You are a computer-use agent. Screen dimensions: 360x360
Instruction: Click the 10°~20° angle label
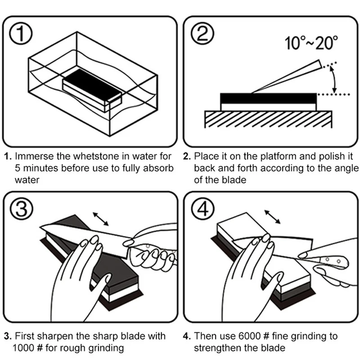tap(311, 44)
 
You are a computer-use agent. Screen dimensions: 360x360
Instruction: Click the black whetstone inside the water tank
tap(92, 85)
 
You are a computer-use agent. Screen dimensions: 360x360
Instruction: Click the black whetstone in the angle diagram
tap(269, 98)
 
